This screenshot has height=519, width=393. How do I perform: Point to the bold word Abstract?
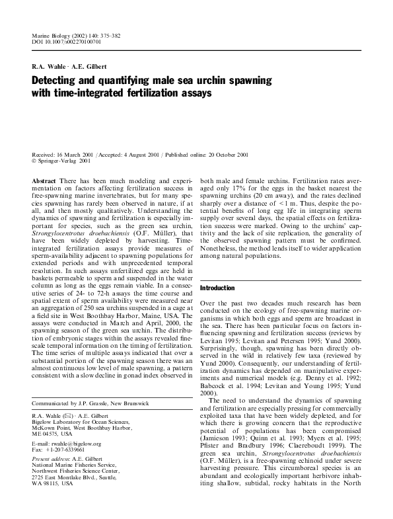point(44,180)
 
